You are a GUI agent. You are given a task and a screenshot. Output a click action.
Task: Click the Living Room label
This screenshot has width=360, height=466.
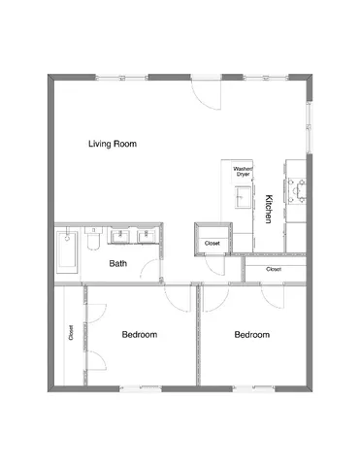pos(112,145)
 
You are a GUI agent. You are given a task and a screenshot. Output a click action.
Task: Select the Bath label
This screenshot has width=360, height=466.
pos(118,263)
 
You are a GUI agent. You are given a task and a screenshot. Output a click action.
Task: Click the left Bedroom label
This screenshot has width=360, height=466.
pos(139,335)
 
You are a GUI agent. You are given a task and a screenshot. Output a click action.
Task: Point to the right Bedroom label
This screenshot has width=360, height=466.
pos(251,335)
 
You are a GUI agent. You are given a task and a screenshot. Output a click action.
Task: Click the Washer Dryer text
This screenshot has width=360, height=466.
pos(243,171)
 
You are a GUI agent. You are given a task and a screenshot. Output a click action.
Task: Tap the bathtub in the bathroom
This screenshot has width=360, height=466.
pos(67,250)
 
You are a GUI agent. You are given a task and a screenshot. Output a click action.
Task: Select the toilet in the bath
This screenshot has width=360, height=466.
pos(94,237)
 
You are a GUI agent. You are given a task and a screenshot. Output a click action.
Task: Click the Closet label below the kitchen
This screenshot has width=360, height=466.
pos(274,269)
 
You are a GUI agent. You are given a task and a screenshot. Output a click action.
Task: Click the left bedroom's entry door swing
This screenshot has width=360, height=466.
pos(176,297)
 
